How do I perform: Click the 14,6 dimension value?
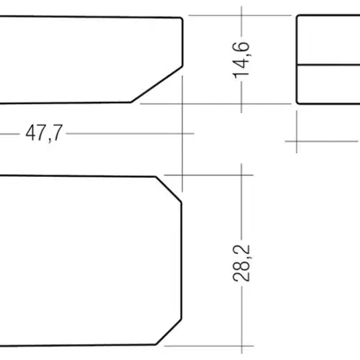point(241,60)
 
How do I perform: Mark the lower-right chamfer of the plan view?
point(169,332)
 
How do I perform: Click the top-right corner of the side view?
point(183,17)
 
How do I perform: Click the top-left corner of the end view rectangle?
point(297,18)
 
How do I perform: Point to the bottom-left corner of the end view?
point(297,103)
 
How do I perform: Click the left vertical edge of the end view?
point(296,60)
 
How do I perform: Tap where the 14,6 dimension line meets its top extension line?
point(241,17)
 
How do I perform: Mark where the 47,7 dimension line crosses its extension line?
point(182,134)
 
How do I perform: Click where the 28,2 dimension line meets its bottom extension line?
point(241,343)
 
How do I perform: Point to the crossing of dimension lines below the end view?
point(296,139)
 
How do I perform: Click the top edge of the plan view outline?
point(80,176)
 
